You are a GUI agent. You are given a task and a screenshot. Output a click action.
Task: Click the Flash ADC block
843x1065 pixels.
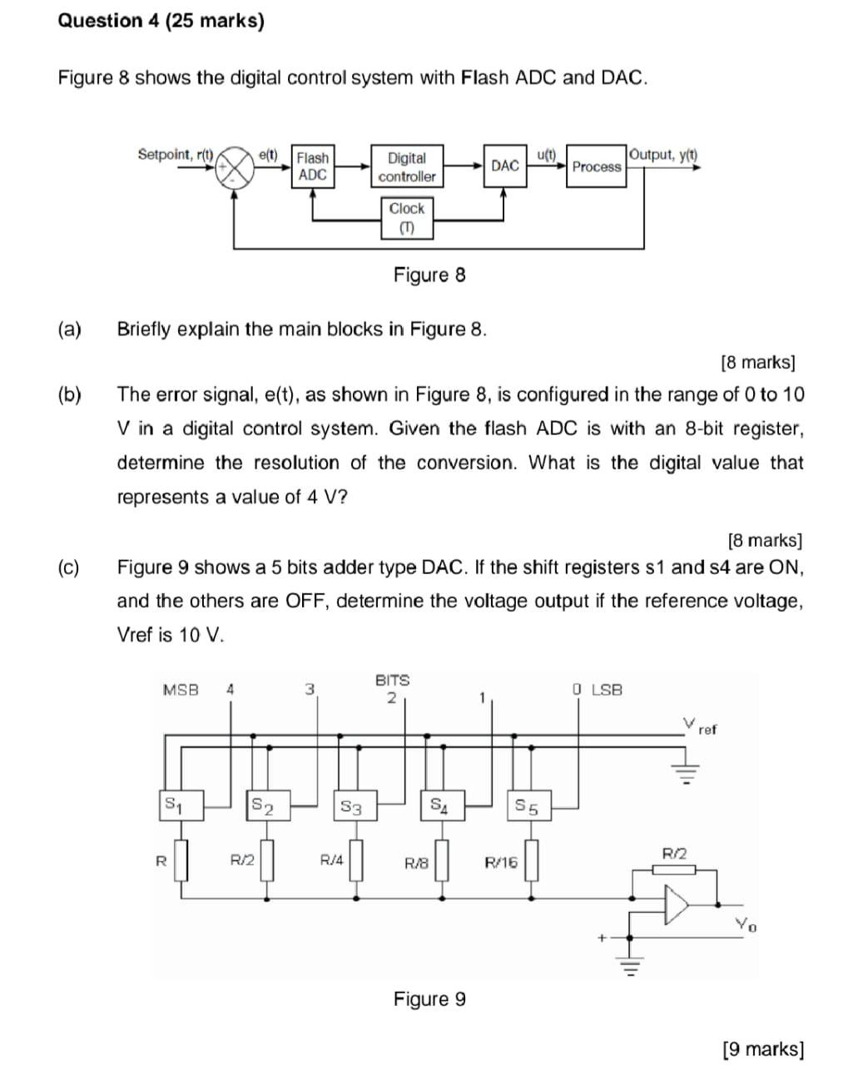pyautogui.click(x=313, y=166)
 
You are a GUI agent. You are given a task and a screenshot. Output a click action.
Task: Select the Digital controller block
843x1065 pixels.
pyautogui.click(x=406, y=166)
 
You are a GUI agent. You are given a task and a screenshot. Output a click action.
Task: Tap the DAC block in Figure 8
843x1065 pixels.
pyautogui.click(x=504, y=166)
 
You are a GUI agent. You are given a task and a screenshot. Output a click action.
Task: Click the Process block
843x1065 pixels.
pyautogui.click(x=596, y=166)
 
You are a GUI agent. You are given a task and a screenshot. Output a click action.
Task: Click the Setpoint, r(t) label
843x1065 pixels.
pyautogui.click(x=176, y=155)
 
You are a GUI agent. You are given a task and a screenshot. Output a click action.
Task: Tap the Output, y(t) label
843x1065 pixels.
pyautogui.click(x=664, y=155)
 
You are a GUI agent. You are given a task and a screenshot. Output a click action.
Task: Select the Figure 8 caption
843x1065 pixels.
pyautogui.click(x=429, y=275)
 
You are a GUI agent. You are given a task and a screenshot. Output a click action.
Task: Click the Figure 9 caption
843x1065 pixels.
pyautogui.click(x=429, y=998)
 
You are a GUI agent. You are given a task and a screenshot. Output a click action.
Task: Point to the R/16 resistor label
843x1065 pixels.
pyautogui.click(x=500, y=863)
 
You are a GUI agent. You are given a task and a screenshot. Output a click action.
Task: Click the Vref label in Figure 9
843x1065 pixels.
pyautogui.click(x=699, y=726)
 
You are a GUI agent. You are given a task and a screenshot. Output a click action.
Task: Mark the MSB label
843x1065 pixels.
pyautogui.click(x=181, y=690)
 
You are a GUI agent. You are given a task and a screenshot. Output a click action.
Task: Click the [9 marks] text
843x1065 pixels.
pyautogui.click(x=763, y=1048)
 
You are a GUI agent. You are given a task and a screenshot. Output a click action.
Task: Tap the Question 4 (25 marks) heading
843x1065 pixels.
pyautogui.click(x=161, y=21)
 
